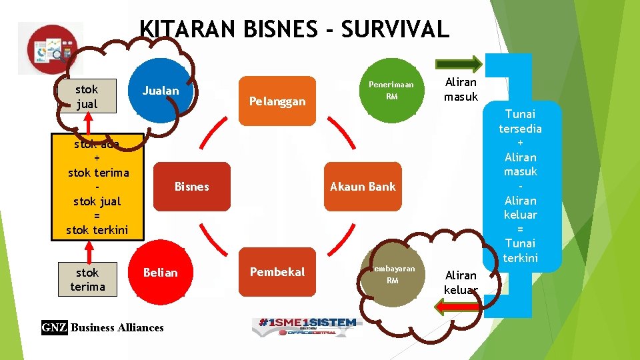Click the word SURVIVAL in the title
tap(394, 29)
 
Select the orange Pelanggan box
tap(277, 101)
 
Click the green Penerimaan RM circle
tap(392, 91)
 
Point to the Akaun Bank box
tap(363, 187)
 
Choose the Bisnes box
tap(191, 187)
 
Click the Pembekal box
tap(277, 272)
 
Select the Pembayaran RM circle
tap(392, 275)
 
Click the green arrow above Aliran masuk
tap(458, 65)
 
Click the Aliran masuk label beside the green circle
tap(461, 89)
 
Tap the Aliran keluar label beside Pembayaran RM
tap(461, 282)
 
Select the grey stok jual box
tap(87, 97)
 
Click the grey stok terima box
tap(87, 279)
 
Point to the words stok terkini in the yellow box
tap(97, 230)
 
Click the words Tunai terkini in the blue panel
tap(520, 250)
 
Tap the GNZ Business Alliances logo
tap(103, 327)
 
